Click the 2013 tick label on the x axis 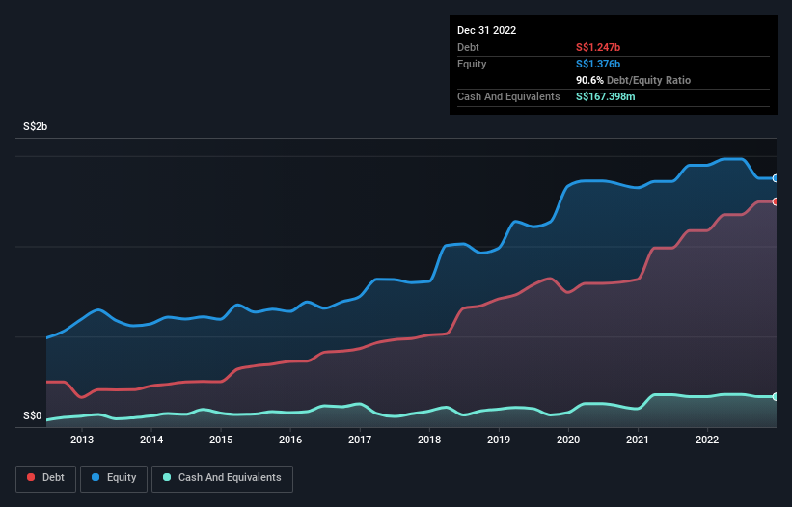pos(82,440)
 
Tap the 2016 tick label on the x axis pos(290,440)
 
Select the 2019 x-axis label pos(499,440)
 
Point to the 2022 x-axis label pos(707,440)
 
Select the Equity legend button pos(114,477)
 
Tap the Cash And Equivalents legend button pos(222,477)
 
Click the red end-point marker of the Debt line pos(775,201)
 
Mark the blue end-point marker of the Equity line pos(775,178)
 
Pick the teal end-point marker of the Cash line pos(775,397)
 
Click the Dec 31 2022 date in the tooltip pos(487,30)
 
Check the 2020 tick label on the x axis pos(568,440)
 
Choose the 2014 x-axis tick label pos(151,440)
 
